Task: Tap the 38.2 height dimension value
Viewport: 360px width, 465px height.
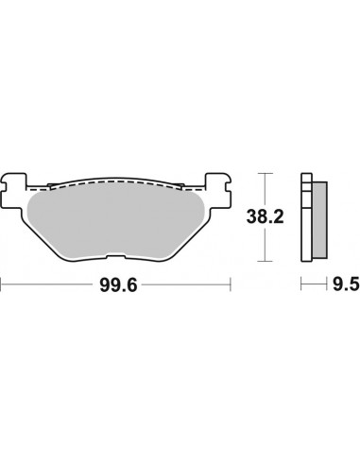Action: tap(296, 216)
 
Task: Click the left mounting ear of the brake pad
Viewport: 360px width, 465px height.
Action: tap(16, 181)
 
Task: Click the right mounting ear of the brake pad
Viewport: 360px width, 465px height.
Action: tap(219, 181)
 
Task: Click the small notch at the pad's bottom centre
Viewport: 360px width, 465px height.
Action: tap(117, 256)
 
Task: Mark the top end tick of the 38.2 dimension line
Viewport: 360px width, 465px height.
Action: tap(269, 172)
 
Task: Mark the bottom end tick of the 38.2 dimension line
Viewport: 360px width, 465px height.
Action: tap(269, 262)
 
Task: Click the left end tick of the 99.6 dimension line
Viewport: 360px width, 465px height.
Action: tap(3, 283)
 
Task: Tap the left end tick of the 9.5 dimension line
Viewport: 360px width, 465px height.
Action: tap(301, 283)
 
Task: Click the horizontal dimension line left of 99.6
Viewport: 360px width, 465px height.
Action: tap(47, 283)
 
